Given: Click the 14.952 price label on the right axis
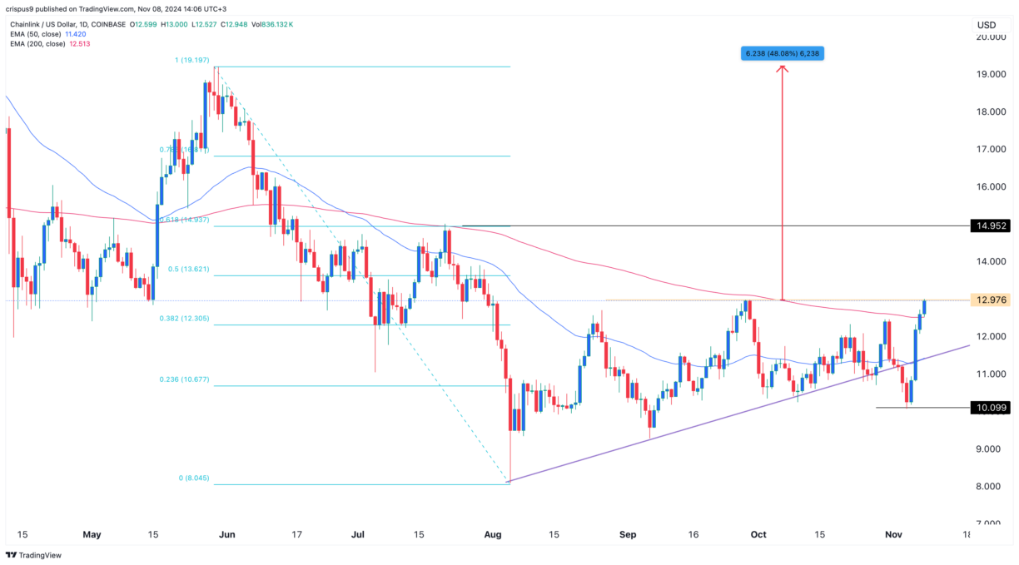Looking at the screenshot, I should click(990, 226).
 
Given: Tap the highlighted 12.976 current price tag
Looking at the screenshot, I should click(990, 300).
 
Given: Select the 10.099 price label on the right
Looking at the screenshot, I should click(990, 408).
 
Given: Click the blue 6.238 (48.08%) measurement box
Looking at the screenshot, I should click(783, 54).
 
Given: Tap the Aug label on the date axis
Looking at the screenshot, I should click(509, 535).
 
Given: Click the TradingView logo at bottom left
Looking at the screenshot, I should click(38, 554).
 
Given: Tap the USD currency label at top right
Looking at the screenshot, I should click(986, 25).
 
